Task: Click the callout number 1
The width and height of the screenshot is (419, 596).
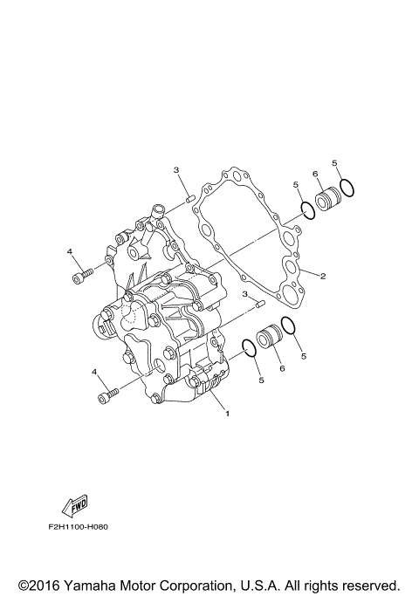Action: [228, 413]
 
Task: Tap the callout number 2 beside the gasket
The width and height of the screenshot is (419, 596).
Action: [322, 277]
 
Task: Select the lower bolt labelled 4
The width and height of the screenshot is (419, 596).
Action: [108, 397]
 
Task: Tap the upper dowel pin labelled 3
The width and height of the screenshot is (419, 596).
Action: [189, 201]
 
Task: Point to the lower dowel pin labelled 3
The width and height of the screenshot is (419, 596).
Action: [259, 303]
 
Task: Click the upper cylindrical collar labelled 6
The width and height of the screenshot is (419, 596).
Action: [326, 199]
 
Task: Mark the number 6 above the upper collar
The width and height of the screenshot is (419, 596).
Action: [314, 174]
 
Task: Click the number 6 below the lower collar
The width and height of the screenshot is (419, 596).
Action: [282, 369]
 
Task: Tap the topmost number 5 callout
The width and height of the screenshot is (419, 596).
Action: [335, 163]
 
